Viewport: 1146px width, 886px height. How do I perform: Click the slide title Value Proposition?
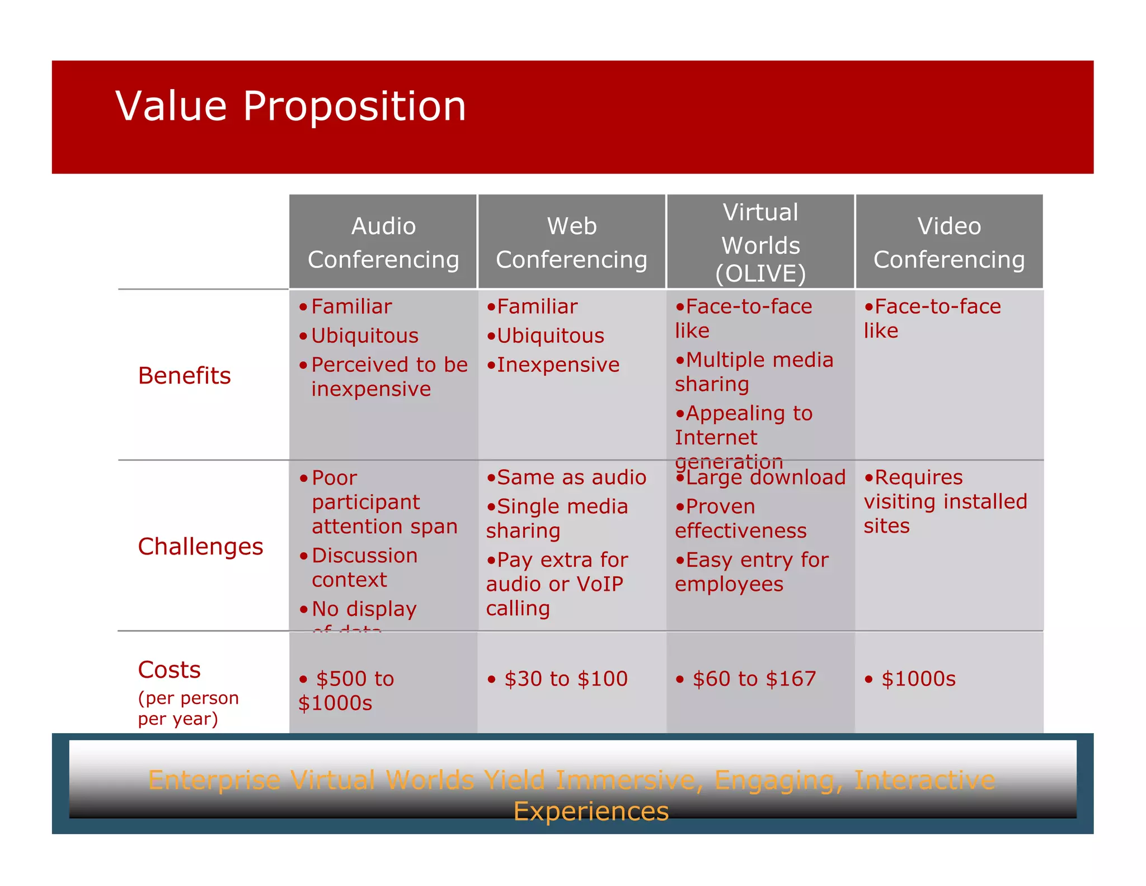[290, 106]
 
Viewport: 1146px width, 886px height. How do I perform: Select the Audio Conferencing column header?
[383, 243]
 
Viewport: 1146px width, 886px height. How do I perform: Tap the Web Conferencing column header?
[571, 243]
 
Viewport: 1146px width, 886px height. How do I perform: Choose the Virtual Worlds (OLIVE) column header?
[760, 243]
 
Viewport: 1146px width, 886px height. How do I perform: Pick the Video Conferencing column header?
[949, 243]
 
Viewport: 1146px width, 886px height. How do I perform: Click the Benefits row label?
[184, 376]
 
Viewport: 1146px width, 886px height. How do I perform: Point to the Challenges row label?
[200, 547]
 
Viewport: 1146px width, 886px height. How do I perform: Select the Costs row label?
[169, 670]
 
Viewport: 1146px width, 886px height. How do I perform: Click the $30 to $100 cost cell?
[566, 679]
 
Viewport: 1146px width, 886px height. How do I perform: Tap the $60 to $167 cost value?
[754, 679]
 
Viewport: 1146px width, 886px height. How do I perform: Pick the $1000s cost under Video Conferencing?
[918, 679]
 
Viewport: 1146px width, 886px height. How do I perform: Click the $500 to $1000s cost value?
[347, 691]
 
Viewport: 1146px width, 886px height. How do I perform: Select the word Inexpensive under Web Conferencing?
[558, 365]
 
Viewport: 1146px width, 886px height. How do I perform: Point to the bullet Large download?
[765, 478]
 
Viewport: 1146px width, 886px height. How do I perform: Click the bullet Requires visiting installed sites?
[945, 502]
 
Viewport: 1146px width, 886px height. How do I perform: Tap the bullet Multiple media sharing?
[754, 372]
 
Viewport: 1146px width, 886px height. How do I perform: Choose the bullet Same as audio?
[571, 478]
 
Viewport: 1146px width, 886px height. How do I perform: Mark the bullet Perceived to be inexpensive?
[389, 377]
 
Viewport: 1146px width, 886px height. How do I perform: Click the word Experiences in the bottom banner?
[591, 812]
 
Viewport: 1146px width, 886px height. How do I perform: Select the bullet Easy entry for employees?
[752, 572]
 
